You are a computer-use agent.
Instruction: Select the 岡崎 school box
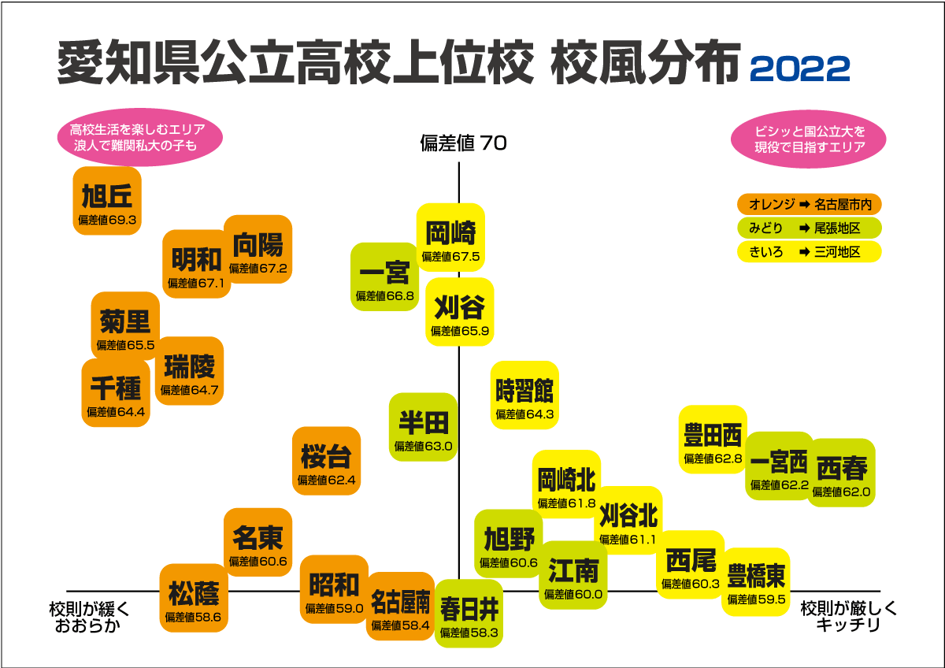click(450, 237)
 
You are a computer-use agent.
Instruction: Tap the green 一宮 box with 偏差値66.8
click(384, 276)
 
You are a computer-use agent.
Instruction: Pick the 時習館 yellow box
click(524, 395)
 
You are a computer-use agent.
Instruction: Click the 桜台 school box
click(326, 461)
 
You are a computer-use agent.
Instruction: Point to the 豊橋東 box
click(756, 581)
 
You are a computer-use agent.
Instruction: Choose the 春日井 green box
click(469, 613)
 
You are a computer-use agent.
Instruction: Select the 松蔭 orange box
click(194, 598)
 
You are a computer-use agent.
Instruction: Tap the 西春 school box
click(842, 473)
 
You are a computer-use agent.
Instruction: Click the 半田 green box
click(423, 427)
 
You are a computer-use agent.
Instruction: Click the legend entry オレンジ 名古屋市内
click(809, 205)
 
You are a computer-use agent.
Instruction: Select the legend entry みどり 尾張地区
click(809, 228)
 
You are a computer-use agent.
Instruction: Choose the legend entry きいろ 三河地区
click(809, 252)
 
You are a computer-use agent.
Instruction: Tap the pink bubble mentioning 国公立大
click(809, 139)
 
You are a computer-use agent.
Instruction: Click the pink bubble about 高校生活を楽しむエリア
click(138, 138)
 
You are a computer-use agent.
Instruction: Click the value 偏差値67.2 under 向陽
click(259, 268)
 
